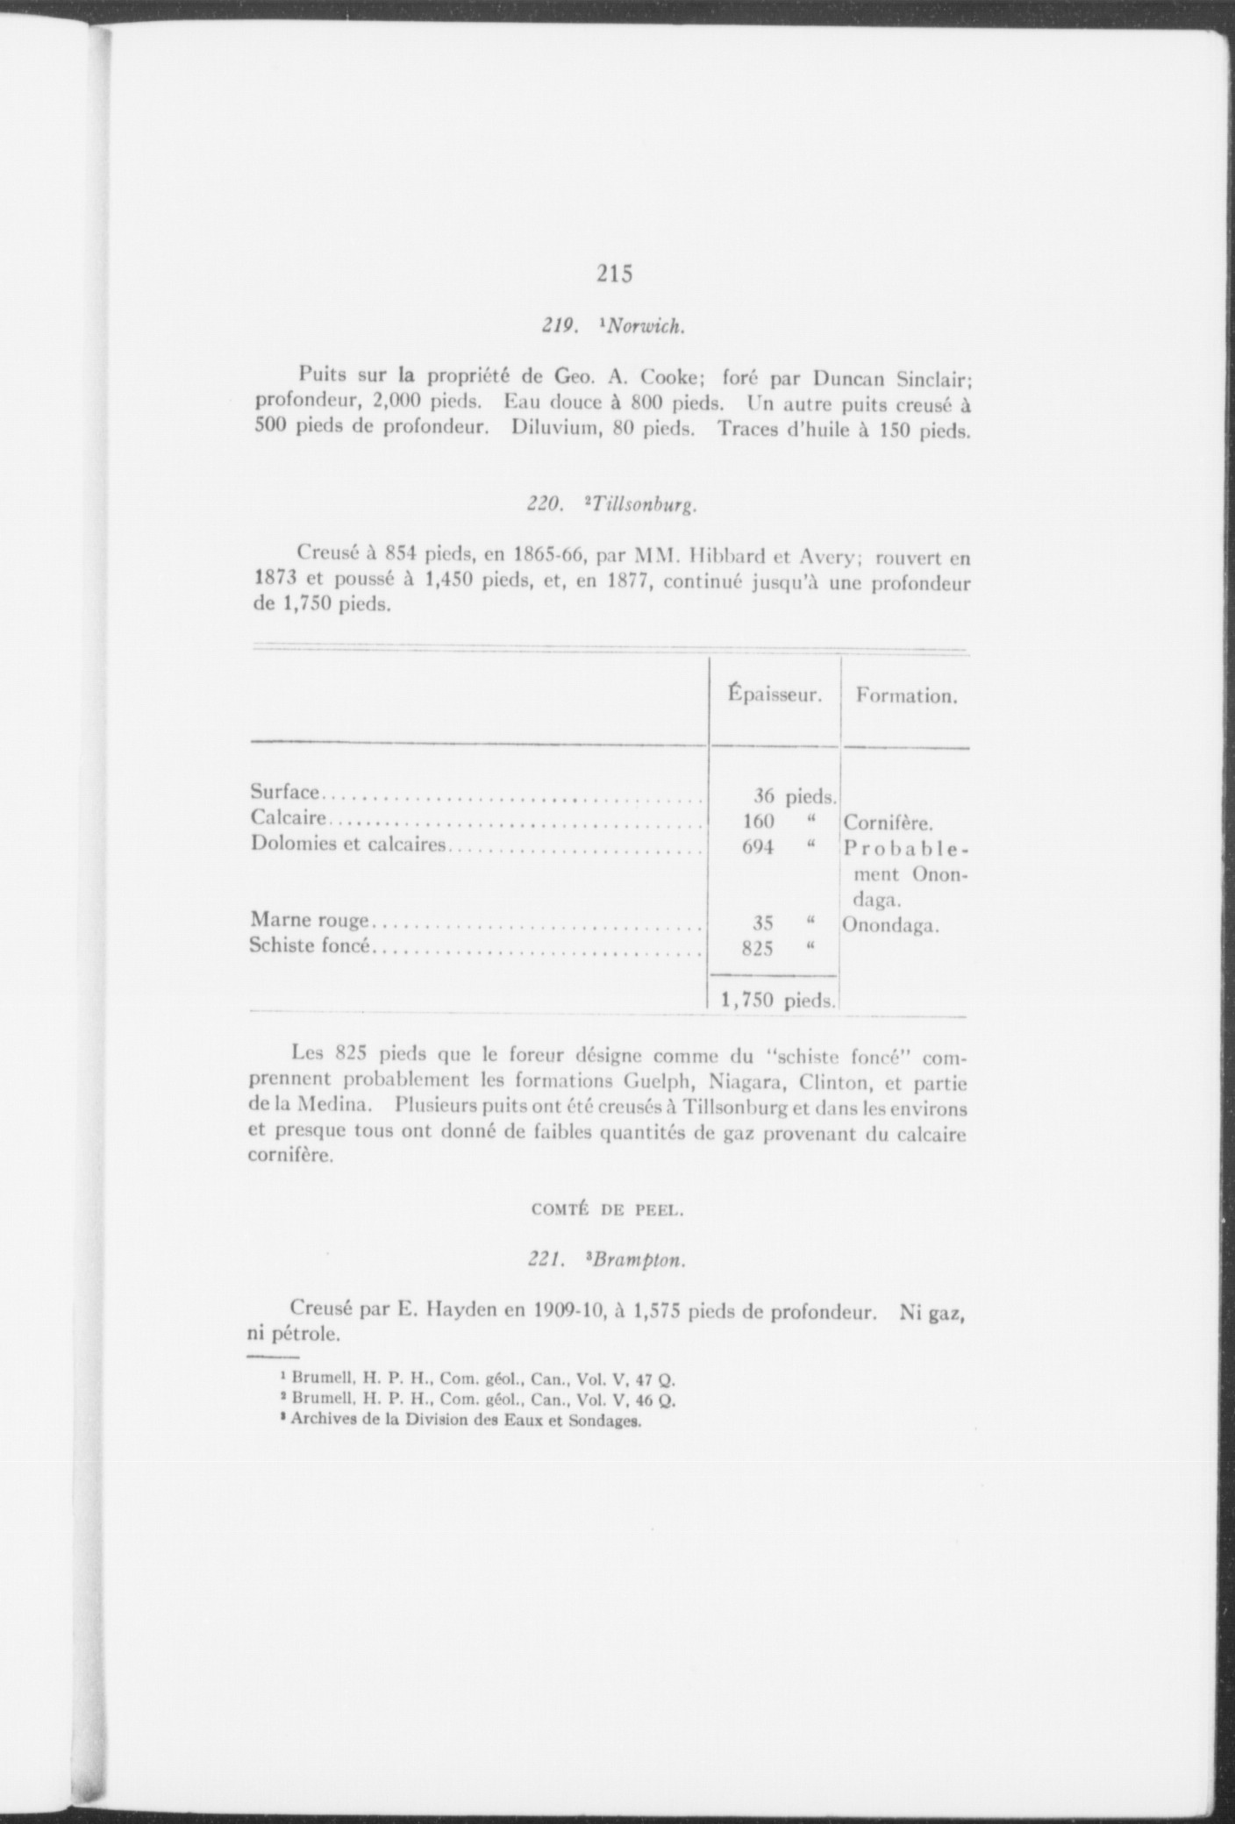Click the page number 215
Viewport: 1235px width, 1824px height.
[x=615, y=274]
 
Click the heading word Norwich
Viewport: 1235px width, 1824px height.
[x=646, y=327]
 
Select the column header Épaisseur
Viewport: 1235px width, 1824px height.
[x=775, y=695]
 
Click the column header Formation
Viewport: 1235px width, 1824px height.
[x=906, y=696]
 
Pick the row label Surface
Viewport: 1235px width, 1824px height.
[x=285, y=792]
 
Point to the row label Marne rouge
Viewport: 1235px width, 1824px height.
[x=310, y=921]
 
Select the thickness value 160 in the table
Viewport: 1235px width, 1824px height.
[x=758, y=822]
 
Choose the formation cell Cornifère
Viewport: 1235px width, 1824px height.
[x=888, y=823]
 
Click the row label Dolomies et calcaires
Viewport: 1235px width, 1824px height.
[x=348, y=844]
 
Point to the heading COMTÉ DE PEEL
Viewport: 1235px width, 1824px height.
[x=607, y=1210]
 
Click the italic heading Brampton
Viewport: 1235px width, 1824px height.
[x=638, y=1260]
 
